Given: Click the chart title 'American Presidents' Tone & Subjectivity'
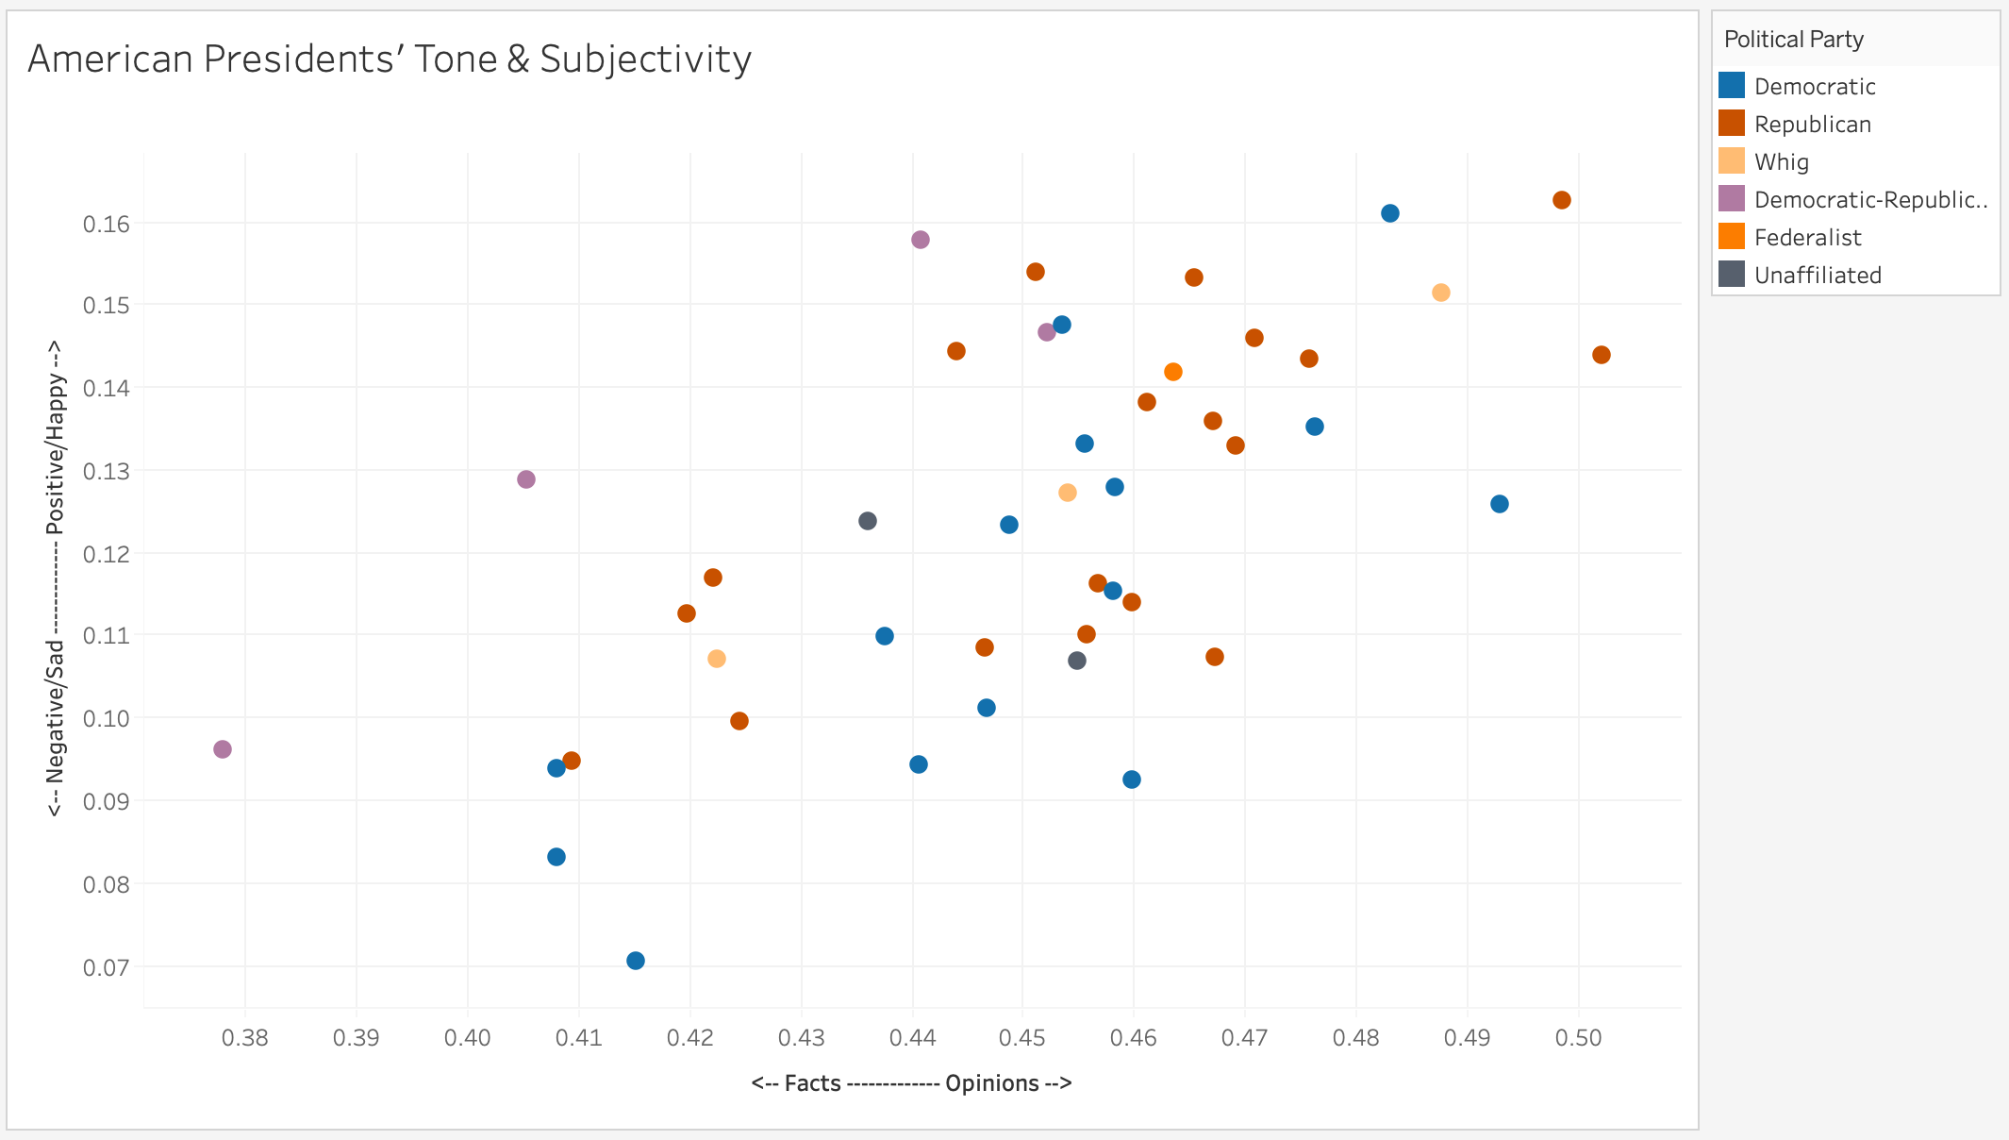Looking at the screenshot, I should tap(390, 59).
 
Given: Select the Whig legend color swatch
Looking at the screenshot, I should tap(1731, 161).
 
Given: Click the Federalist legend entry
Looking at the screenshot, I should tap(1807, 238).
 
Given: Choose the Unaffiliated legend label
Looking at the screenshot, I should tap(1817, 276).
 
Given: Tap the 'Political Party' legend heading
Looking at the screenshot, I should tap(1793, 40).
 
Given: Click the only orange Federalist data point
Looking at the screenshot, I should tap(1173, 372).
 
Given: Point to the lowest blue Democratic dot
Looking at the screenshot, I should tap(636, 961).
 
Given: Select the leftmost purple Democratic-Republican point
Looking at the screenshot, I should tap(223, 749).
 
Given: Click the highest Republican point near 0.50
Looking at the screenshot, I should tap(1562, 200).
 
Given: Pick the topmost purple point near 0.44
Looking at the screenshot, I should tap(921, 240).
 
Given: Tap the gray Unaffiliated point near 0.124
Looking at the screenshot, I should tap(868, 521).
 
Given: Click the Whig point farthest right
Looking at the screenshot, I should tap(1441, 293).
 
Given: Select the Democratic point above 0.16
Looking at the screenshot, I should tap(1390, 213).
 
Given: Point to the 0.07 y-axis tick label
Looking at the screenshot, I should tap(106, 967).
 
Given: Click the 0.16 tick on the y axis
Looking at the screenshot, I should tap(106, 224).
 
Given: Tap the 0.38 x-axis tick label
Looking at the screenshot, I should tap(245, 1039).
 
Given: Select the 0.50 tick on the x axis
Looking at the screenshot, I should tap(1579, 1039).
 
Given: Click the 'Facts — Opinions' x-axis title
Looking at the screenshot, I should tap(911, 1083).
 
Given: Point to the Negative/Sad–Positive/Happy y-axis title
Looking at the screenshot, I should tap(56, 578).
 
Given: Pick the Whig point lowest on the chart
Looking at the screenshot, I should tap(717, 659).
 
